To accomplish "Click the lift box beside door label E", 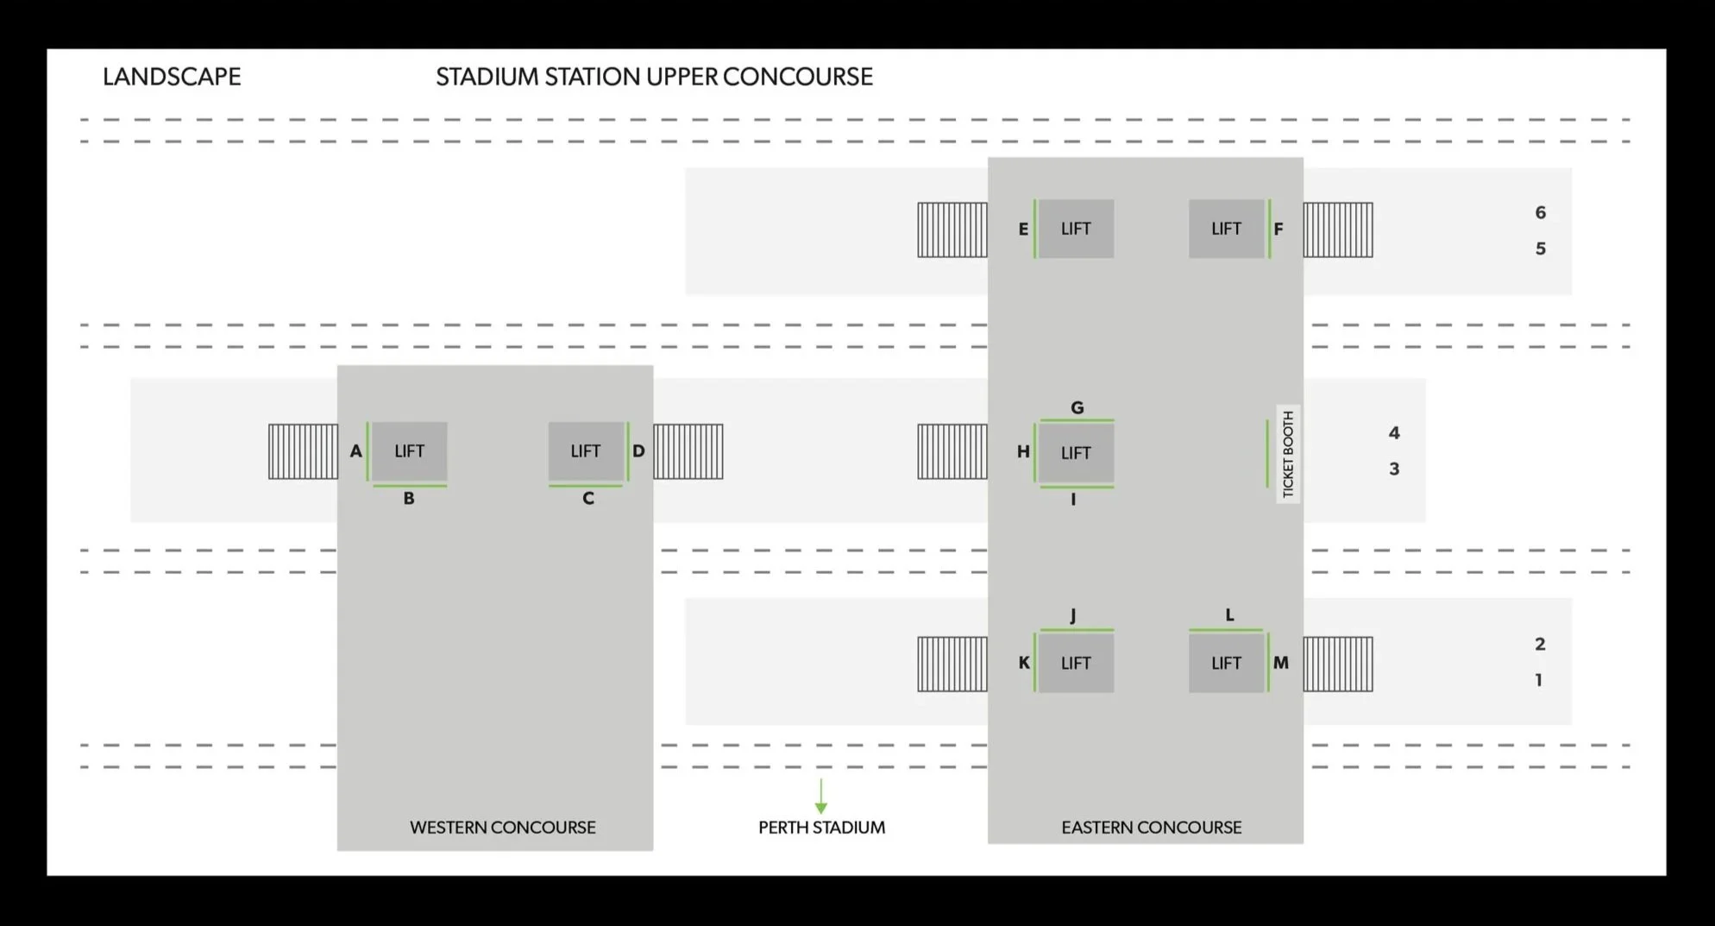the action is pyautogui.click(x=1076, y=229).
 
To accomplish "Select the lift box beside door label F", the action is pyautogui.click(x=1226, y=229).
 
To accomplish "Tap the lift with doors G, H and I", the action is pyautogui.click(x=1076, y=453).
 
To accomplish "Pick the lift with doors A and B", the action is pyautogui.click(x=409, y=451).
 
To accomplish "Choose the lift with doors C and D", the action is pyautogui.click(x=586, y=451).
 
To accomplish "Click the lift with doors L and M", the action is pyautogui.click(x=1226, y=663).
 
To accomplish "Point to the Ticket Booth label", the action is pyautogui.click(x=1288, y=454).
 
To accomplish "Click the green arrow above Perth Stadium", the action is pyautogui.click(x=821, y=796).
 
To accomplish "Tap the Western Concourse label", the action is pyautogui.click(x=503, y=828).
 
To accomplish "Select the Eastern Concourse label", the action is pyautogui.click(x=1152, y=828).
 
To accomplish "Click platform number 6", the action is pyautogui.click(x=1541, y=212).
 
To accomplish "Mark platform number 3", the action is pyautogui.click(x=1394, y=469).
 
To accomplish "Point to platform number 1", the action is pyautogui.click(x=1539, y=680).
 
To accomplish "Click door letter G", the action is pyautogui.click(x=1077, y=407).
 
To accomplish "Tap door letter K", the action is pyautogui.click(x=1024, y=663).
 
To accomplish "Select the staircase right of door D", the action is pyautogui.click(x=688, y=451).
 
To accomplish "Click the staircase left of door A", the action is pyautogui.click(x=303, y=451).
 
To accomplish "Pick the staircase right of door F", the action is pyautogui.click(x=1338, y=230).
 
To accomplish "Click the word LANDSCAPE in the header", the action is pyautogui.click(x=172, y=77).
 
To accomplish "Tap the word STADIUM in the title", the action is pyautogui.click(x=487, y=77).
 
